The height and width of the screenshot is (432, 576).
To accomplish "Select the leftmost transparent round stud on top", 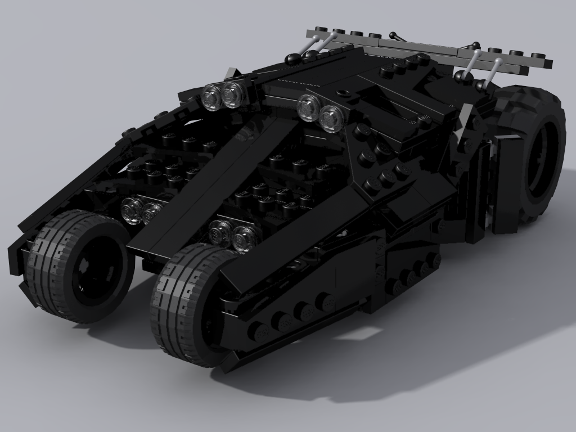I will (211, 97).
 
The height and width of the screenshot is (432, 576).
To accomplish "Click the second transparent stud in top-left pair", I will (232, 94).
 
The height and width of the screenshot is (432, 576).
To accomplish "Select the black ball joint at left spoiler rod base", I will (293, 58).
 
